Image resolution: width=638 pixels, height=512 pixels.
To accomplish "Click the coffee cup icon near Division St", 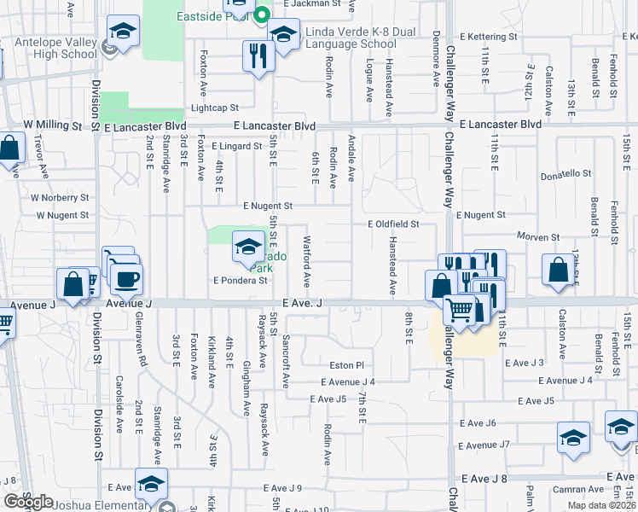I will coord(126,278).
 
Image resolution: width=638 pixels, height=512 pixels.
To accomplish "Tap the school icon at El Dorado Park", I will coord(247,248).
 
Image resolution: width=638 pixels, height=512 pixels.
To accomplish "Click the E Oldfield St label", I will coord(393,224).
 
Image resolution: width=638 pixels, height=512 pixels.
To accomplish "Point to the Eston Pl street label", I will coord(347,364).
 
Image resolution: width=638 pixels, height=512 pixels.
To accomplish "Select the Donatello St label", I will coord(565,174).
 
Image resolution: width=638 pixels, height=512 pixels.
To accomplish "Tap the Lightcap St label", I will coord(214,108).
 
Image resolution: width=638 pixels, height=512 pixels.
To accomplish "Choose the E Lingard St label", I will coord(237,146).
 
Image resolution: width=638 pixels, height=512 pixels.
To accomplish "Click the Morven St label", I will coord(537,236).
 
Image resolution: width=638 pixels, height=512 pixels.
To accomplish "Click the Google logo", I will coord(29,502).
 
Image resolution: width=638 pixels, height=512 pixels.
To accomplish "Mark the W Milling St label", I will coord(52,125).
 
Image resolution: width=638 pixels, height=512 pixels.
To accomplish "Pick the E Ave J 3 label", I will coord(525,363).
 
